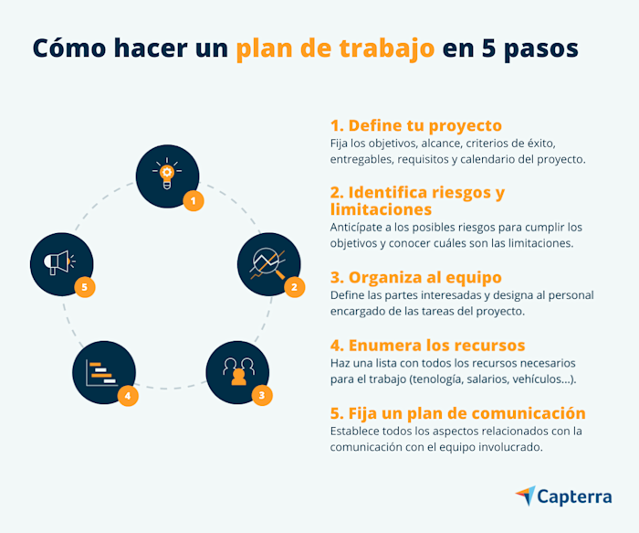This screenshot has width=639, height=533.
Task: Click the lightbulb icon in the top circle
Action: coord(167,174)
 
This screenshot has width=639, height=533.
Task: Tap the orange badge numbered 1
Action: coord(193,201)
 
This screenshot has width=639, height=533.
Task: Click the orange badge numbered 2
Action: coord(294,287)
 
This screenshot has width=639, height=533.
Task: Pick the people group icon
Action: coord(237,370)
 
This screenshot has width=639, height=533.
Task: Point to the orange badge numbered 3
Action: coord(262,395)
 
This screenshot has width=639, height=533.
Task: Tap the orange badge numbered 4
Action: coord(128,396)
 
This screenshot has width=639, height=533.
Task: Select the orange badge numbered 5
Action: coord(85,287)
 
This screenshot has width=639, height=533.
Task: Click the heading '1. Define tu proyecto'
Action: coord(415,125)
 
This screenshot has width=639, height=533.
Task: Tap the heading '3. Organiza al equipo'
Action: coord(415,277)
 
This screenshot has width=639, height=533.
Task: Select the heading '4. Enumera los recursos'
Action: coord(427,345)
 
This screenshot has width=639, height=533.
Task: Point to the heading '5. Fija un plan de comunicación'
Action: coord(457,412)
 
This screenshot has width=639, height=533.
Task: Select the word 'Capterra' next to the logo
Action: coord(575,497)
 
